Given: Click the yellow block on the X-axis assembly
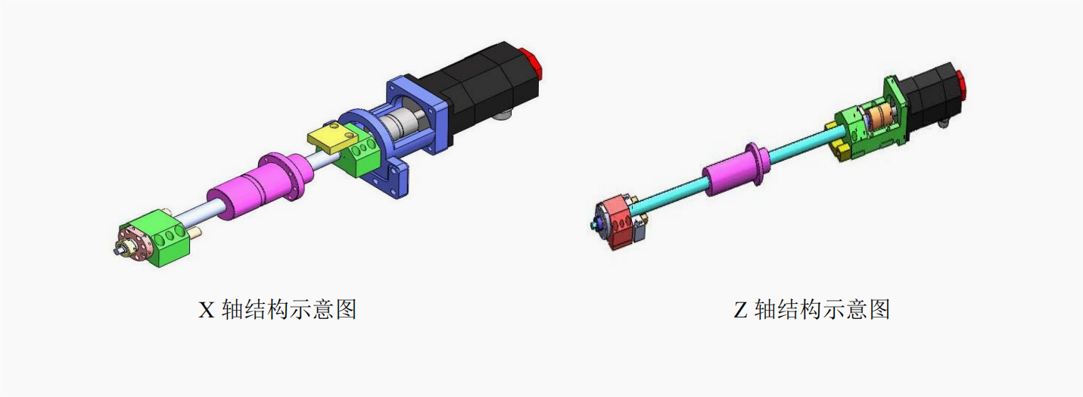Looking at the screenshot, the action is tap(332, 139).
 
